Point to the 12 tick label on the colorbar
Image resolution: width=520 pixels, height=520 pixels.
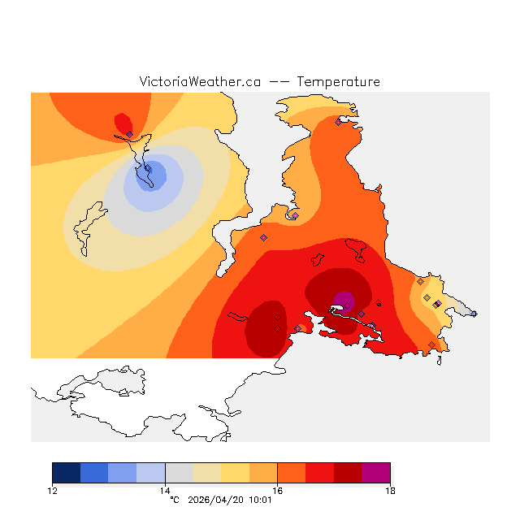[53, 490]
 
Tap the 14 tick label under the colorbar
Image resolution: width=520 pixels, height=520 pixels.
[165, 490]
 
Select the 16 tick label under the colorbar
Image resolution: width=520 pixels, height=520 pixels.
[277, 490]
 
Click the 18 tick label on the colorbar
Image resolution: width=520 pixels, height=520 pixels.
[390, 490]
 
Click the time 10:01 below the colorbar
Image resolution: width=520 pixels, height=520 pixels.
[258, 500]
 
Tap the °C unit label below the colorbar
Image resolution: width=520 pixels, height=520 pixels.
[174, 500]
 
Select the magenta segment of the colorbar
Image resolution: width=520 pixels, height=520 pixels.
[375, 473]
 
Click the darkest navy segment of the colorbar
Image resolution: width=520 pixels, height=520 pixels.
[67, 473]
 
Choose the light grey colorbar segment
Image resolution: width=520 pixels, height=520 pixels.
[179, 473]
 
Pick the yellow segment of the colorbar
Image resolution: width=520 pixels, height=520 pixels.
[235, 473]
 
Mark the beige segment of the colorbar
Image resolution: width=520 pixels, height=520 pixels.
[207, 473]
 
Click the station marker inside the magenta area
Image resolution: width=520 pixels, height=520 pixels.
[347, 305]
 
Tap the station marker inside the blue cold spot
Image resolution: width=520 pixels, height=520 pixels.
[148, 169]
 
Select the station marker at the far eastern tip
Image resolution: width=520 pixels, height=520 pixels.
[474, 314]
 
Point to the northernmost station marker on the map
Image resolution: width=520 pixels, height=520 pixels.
[338, 123]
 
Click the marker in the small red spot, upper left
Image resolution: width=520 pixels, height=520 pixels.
[129, 134]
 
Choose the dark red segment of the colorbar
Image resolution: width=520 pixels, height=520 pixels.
[347, 473]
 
